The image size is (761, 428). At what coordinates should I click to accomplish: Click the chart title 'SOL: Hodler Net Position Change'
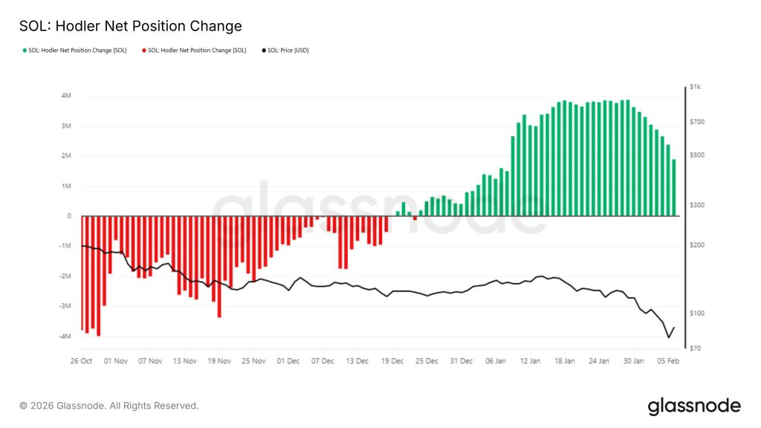131,26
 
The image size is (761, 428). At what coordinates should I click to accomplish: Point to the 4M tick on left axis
66,96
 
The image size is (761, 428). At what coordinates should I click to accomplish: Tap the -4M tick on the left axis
65,337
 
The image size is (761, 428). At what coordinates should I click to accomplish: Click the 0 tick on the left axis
69,216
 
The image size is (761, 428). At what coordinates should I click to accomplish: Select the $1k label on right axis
696,88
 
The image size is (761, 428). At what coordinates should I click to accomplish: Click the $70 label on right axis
696,348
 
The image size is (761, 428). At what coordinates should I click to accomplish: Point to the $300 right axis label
697,205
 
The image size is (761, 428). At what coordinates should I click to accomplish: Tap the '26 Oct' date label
80,361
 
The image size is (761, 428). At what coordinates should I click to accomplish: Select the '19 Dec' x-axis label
392,361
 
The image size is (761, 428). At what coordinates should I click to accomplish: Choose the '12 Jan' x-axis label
529,361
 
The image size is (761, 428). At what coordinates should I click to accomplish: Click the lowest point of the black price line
669,338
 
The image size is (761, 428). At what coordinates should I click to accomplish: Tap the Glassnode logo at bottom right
693,406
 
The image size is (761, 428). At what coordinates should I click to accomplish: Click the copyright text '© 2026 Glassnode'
109,406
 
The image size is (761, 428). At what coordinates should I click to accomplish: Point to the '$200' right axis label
697,245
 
